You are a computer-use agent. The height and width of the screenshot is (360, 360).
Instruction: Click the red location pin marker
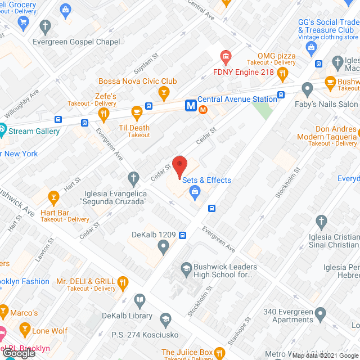coord(179,165)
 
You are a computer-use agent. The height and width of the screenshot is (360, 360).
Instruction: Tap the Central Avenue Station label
coord(237,99)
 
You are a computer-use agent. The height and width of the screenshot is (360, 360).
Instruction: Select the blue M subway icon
coord(191,105)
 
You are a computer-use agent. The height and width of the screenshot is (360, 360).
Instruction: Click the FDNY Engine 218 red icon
coord(226,57)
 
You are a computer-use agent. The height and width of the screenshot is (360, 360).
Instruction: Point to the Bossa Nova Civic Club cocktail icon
coord(164,92)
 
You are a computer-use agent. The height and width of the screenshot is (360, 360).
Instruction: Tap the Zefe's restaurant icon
coord(103,114)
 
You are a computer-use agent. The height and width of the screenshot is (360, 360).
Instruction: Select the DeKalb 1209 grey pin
coord(163,246)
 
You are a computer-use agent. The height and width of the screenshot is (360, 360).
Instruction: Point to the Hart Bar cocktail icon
coord(53,197)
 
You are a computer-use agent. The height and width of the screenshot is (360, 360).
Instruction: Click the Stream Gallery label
coord(34,132)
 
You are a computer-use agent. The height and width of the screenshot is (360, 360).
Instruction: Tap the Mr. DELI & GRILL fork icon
coord(124,282)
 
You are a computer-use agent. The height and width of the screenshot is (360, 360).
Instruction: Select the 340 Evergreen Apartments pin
coord(321,313)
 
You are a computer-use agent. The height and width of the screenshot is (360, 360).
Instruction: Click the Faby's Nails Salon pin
coord(307,89)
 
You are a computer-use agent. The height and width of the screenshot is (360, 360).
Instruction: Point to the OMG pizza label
coord(276,56)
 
